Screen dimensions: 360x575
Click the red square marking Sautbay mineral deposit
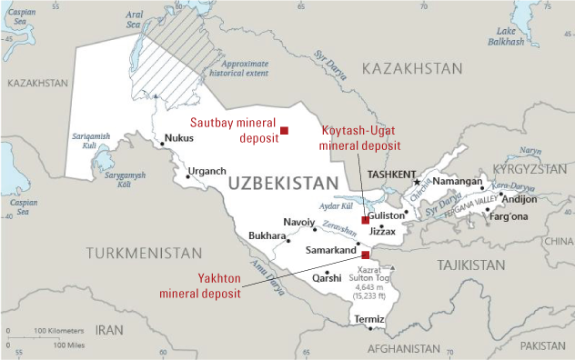pyautogui.click(x=284, y=130)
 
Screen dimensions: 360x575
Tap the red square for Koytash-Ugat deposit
pyautogui.click(x=365, y=220)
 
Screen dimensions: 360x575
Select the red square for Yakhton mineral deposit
pyautogui.click(x=365, y=255)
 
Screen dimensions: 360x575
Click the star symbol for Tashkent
pyautogui.click(x=418, y=183)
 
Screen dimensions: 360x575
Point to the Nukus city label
pyautogui.click(x=178, y=139)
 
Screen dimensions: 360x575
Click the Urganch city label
pyautogui.click(x=207, y=171)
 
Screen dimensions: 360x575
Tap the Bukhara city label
pyautogui.click(x=267, y=236)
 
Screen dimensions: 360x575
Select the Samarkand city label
pyautogui.click(x=330, y=250)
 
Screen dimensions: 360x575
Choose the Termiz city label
pyautogui.click(x=369, y=319)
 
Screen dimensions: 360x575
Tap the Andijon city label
pyautogui.click(x=520, y=198)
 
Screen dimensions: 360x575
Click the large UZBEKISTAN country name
pyautogui.click(x=283, y=185)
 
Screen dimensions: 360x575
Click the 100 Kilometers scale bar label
pyautogui.click(x=59, y=330)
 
